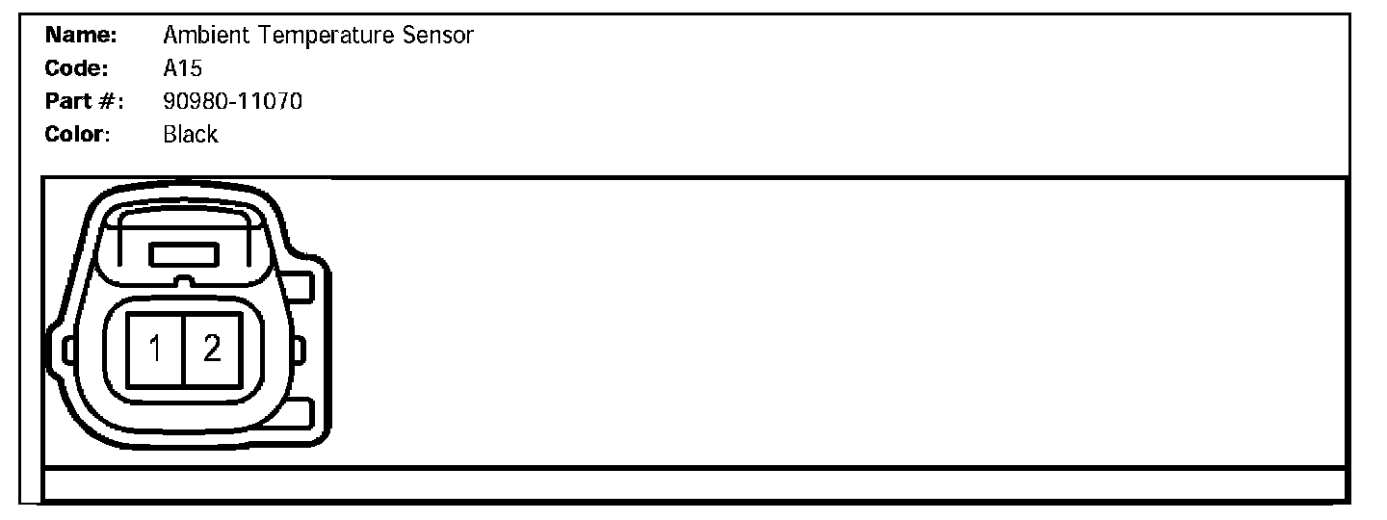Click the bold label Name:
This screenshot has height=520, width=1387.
coord(81,37)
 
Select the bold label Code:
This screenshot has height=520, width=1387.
coord(78,69)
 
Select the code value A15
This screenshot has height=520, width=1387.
coord(182,69)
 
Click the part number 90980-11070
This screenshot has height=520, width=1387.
coord(233,101)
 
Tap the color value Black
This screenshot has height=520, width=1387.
coord(191,134)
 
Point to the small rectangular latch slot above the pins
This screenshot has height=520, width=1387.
coord(184,255)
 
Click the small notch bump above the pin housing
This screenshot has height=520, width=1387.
coord(183,281)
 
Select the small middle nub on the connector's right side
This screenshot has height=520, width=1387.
coord(300,349)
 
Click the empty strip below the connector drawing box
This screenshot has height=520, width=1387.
coord(693,484)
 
